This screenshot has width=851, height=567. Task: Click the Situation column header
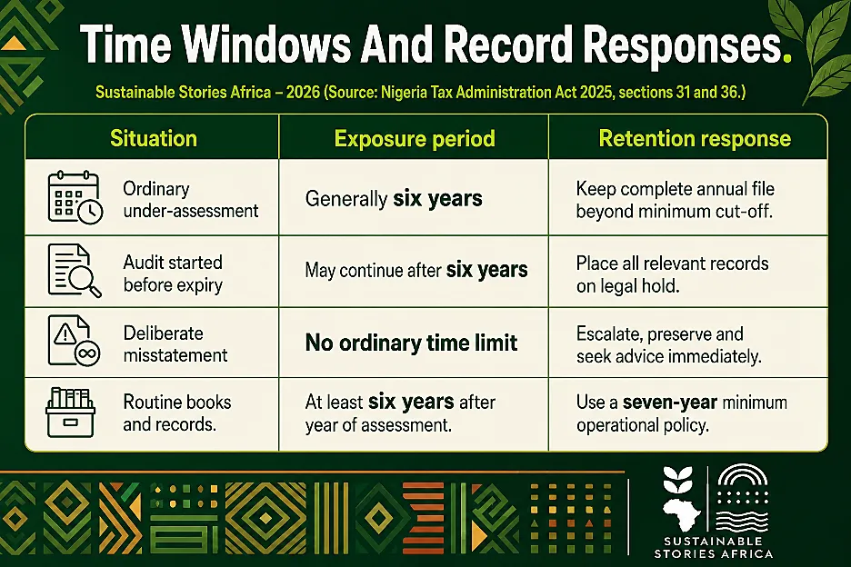pyautogui.click(x=154, y=138)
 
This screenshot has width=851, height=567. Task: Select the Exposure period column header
pyautogui.click(x=415, y=139)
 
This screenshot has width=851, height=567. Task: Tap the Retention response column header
pyautogui.click(x=695, y=139)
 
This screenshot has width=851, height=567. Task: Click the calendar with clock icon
pyautogui.click(x=75, y=197)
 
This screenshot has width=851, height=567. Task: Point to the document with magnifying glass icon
pyautogui.click(x=75, y=271)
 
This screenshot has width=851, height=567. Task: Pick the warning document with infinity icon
pyautogui.click(x=75, y=341)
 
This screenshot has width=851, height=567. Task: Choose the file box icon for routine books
pyautogui.click(x=71, y=413)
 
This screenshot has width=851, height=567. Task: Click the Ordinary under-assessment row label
pyautogui.click(x=191, y=200)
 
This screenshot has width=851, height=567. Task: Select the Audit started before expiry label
pyautogui.click(x=173, y=274)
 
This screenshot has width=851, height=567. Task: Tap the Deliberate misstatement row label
pyautogui.click(x=175, y=344)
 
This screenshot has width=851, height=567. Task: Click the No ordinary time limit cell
pyautogui.click(x=411, y=343)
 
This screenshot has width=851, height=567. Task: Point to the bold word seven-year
pyautogui.click(x=670, y=403)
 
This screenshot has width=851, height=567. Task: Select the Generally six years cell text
pyautogui.click(x=394, y=199)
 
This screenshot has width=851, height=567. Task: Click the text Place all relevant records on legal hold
pyautogui.click(x=673, y=274)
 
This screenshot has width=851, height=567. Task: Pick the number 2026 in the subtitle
pyautogui.click(x=302, y=93)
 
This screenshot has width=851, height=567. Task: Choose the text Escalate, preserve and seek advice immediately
pyautogui.click(x=669, y=345)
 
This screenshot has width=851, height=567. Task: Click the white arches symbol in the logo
pyautogui.click(x=743, y=475)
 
